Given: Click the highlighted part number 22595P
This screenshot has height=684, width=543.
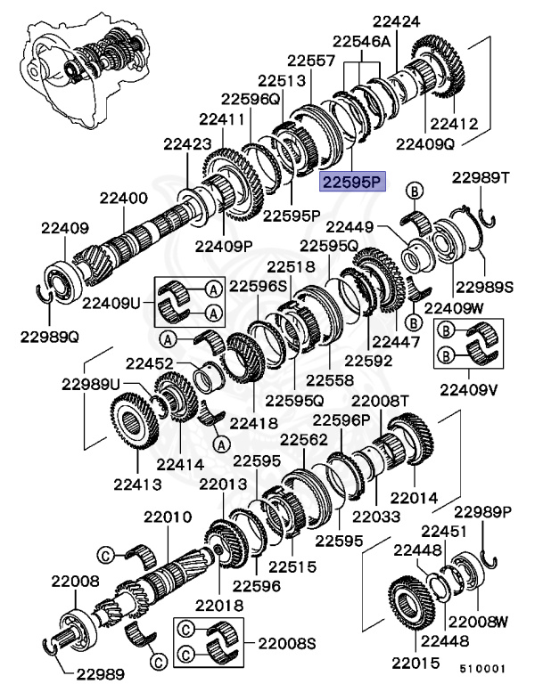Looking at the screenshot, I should pyautogui.click(x=351, y=183).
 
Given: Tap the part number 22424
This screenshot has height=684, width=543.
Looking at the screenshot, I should pyautogui.click(x=398, y=20).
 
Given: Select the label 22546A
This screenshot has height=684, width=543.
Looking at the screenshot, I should pyautogui.click(x=362, y=42).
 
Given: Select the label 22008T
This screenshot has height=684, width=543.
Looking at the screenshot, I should pyautogui.click(x=381, y=402).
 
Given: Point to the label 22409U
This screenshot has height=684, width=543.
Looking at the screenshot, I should pyautogui.click(x=111, y=302).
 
